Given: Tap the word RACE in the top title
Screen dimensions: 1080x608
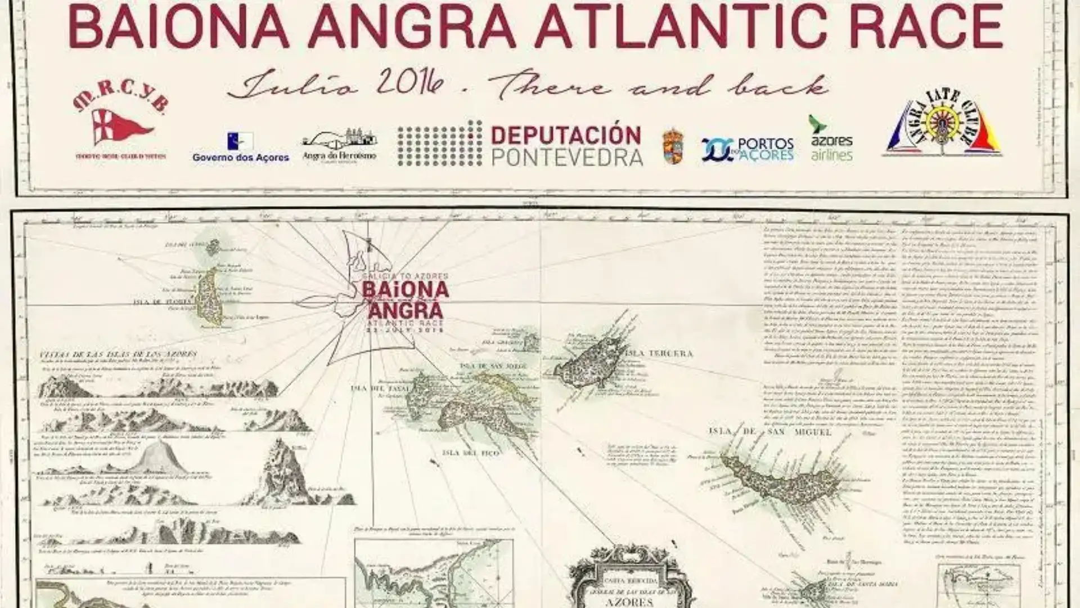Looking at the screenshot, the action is pyautogui.click(x=934, y=27).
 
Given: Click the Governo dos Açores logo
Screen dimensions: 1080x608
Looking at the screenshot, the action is pyautogui.click(x=241, y=147).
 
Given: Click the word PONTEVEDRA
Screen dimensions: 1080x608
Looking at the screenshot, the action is pyautogui.click(x=567, y=157).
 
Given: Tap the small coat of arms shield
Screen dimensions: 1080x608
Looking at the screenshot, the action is pyautogui.click(x=673, y=147).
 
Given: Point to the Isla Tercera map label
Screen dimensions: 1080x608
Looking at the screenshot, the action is pyautogui.click(x=659, y=354).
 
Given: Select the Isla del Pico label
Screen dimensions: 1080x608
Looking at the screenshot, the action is pyautogui.click(x=471, y=452).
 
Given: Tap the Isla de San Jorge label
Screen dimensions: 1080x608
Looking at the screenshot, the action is pyautogui.click(x=494, y=366).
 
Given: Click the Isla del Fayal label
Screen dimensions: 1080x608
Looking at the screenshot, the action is pyautogui.click(x=374, y=388).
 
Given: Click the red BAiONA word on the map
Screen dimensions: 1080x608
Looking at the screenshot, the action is pyautogui.click(x=405, y=289).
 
